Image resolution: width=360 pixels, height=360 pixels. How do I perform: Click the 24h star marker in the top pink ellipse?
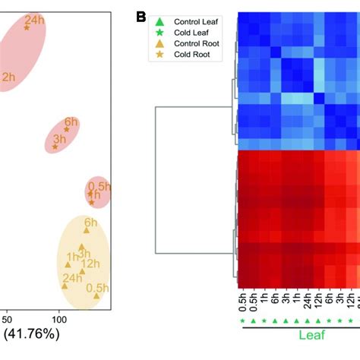[x=27, y=27]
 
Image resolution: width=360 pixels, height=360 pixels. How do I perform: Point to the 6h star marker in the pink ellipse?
[x=66, y=129]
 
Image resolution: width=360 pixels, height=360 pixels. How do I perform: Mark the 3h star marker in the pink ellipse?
[x=55, y=147]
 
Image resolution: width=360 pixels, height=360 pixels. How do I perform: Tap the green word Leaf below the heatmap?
[x=296, y=334]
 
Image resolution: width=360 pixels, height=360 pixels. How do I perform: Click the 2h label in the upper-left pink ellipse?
[x=8, y=77]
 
